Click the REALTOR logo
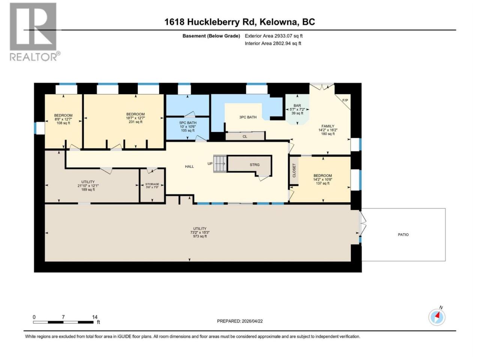tap(34, 32)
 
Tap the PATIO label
tap(403, 234)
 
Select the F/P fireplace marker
tap(345, 100)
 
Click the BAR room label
tap(297, 105)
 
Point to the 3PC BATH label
tap(248, 117)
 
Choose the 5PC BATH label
tap(187, 123)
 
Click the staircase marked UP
tap(220, 163)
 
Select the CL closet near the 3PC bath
tap(245, 136)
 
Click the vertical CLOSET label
tap(294, 171)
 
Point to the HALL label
tap(189, 166)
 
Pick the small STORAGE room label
tap(152, 184)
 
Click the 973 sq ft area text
tap(199, 236)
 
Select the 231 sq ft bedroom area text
tap(135, 122)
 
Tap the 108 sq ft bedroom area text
tap(63, 123)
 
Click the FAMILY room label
tap(328, 126)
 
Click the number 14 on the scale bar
tap(95, 317)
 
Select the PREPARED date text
tap(240, 321)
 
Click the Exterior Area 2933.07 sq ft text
tap(274, 36)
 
